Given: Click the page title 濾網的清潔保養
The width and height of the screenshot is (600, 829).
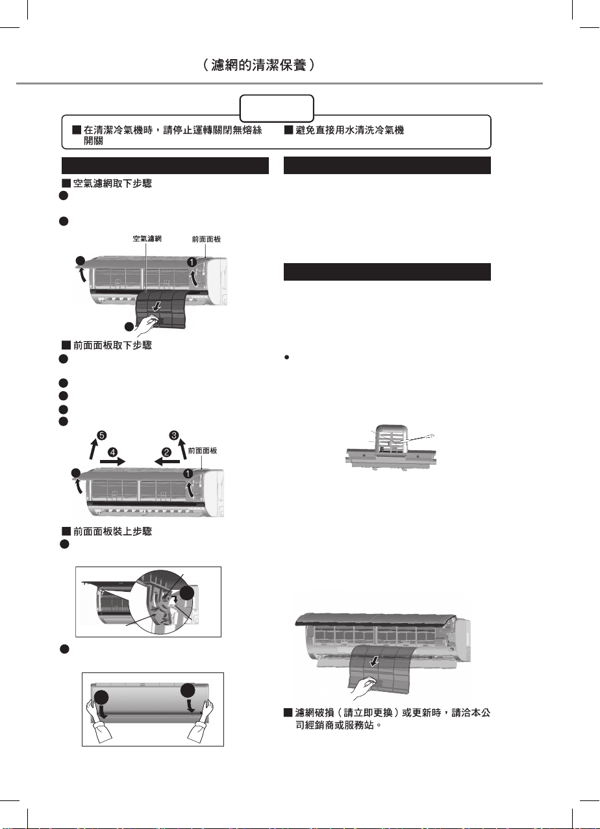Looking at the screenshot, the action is point(258,66).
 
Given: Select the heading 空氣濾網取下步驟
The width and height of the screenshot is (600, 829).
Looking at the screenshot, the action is point(112,184).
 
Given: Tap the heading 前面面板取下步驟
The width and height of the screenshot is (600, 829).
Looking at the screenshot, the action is point(112,345).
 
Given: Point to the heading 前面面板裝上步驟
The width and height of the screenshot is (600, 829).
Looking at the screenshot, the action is point(112,531).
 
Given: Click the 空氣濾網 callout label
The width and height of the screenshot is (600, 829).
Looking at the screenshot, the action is point(147,238).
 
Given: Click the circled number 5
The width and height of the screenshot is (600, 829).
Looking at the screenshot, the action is point(101,435).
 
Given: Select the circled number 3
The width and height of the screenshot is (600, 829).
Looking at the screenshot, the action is point(174,435).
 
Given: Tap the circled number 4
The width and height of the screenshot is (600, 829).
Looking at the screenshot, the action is point(112,452).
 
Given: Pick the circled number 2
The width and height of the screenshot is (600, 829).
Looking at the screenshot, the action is point(166,452).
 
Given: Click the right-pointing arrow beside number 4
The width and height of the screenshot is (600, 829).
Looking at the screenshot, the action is point(112,462).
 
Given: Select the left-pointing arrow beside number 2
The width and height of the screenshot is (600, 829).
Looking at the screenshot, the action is point(167,461).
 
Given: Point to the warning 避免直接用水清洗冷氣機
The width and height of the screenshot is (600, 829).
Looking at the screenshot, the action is point(349,131).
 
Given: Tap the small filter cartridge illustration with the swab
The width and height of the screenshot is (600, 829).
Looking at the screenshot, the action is point(391,448).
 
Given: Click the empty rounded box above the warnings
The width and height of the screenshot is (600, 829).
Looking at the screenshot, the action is point(277,108).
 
